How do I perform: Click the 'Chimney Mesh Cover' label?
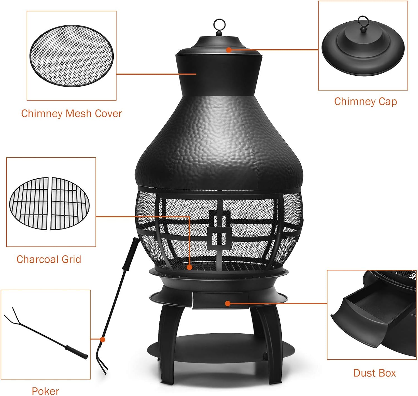pyautogui.click(x=71, y=114)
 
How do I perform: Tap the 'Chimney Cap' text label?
pyautogui.click(x=365, y=102)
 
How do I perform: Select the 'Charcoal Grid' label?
pyautogui.click(x=49, y=259)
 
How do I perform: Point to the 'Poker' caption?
pyautogui.click(x=45, y=391)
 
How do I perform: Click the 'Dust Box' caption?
pyautogui.click(x=375, y=373)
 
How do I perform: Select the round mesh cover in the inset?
pyautogui.click(x=72, y=56)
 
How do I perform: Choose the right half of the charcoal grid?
pyautogui.click(x=70, y=203)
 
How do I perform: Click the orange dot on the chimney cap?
pyautogui.click(x=229, y=50)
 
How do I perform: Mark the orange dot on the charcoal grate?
pyautogui.click(x=189, y=267)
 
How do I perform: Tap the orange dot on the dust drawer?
pyautogui.click(x=228, y=303)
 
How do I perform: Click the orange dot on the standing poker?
pyautogui.click(x=103, y=339)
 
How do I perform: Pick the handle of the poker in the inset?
pyautogui.click(x=76, y=352)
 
